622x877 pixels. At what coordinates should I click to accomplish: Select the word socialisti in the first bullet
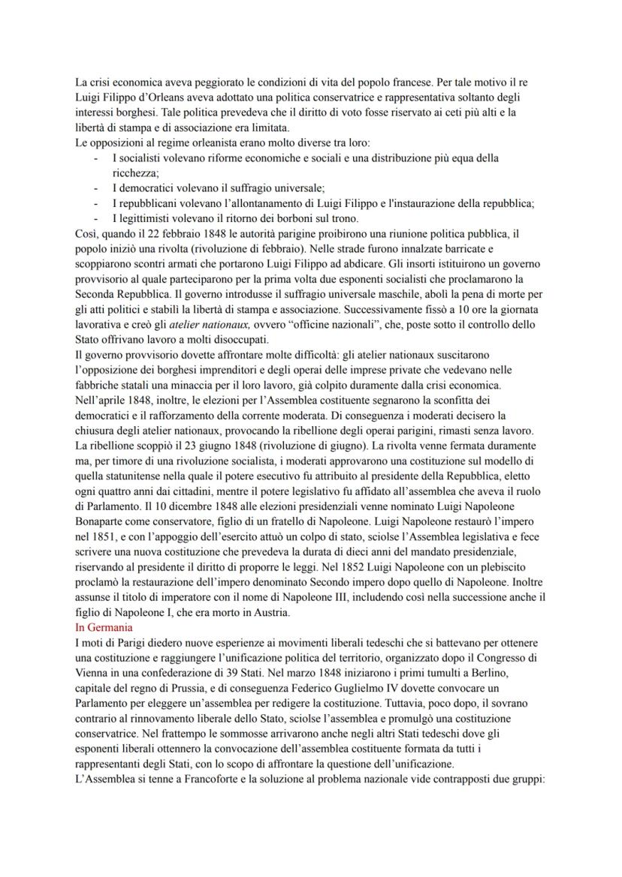tap(140, 159)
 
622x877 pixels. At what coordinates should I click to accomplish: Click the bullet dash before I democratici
tap(95, 188)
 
